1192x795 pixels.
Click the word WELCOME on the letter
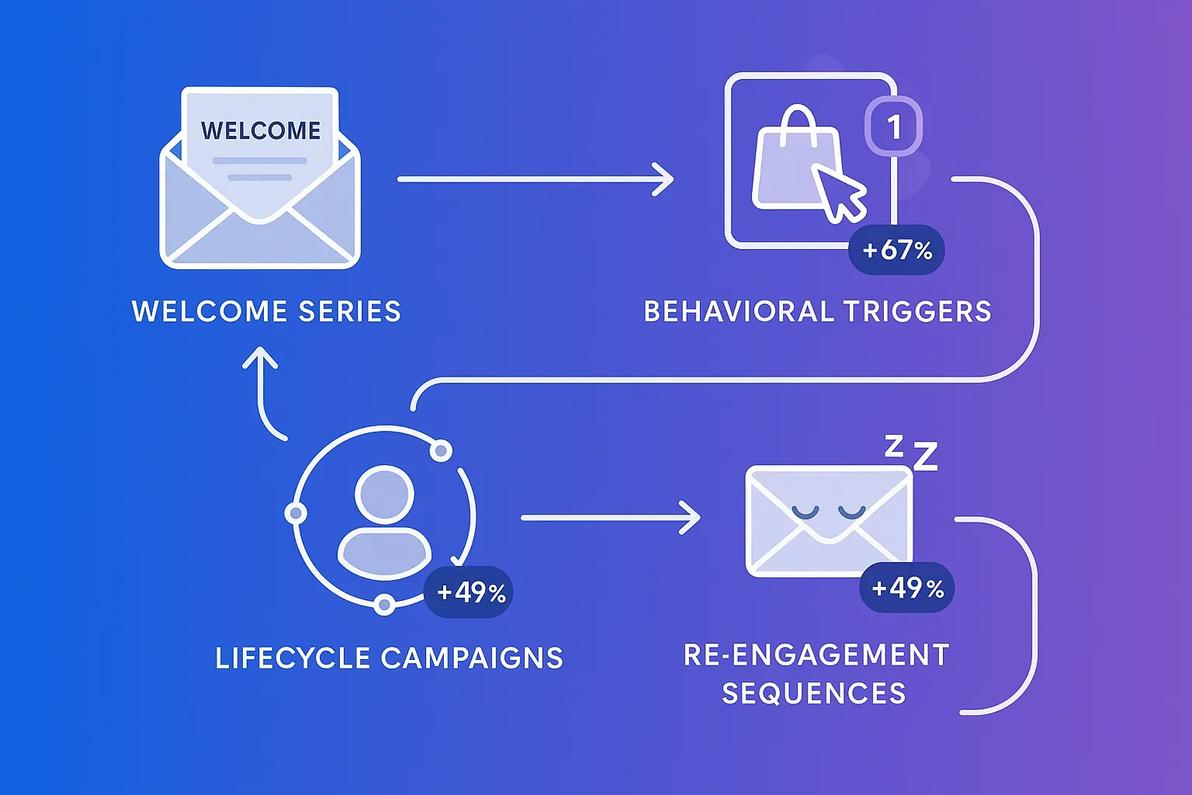[x=261, y=130]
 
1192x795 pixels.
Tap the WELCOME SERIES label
[x=266, y=311]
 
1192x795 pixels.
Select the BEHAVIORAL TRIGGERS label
[x=817, y=311]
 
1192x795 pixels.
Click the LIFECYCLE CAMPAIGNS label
[x=389, y=658]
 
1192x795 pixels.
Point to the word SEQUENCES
[x=813, y=693]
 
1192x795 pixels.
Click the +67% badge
[x=896, y=250]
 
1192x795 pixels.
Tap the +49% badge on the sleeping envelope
[x=907, y=588]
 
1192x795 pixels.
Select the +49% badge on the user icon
[x=470, y=593]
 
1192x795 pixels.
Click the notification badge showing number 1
[x=894, y=127]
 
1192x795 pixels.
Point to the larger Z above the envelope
[x=925, y=457]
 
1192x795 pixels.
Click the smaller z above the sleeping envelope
[x=894, y=445]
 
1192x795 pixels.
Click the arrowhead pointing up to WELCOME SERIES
[x=260, y=358]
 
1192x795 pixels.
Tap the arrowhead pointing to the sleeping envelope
[x=691, y=517]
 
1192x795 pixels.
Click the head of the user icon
[x=384, y=495]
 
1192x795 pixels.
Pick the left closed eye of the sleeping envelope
[x=805, y=512]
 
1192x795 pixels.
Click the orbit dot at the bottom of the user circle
[x=384, y=604]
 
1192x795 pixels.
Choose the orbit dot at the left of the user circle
[x=296, y=513]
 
